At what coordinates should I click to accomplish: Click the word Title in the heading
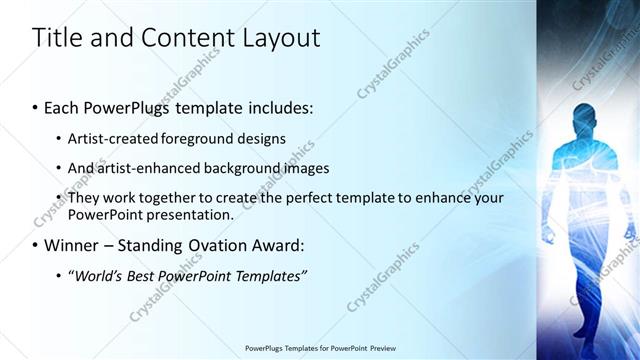point(56,38)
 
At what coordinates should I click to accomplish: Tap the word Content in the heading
point(184,39)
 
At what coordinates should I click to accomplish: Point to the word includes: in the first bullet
point(281,107)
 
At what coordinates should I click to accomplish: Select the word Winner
point(70,245)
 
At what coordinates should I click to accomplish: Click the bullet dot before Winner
point(35,245)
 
